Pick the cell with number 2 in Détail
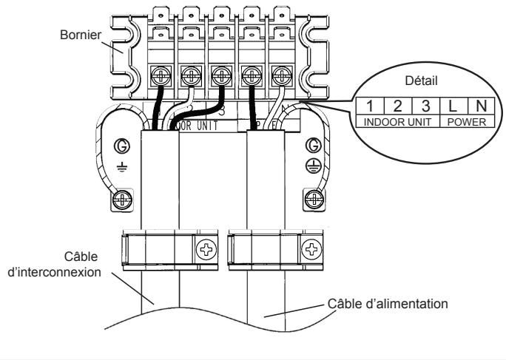[x=396, y=108]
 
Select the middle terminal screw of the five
[x=219, y=75]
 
